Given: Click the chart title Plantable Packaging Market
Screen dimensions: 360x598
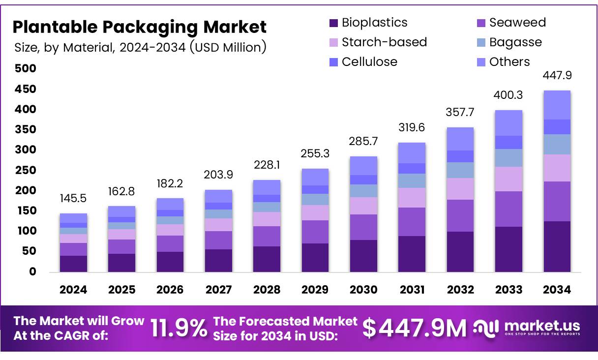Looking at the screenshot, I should (x=139, y=27).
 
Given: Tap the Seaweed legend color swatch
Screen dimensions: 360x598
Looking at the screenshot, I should (x=481, y=23).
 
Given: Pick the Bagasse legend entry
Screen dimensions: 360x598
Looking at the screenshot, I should (x=515, y=42).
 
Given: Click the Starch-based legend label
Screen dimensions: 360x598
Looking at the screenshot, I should (x=384, y=42).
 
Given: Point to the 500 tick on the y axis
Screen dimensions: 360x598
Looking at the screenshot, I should (x=26, y=68).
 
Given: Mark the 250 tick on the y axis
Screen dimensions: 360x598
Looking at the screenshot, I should (x=26, y=170).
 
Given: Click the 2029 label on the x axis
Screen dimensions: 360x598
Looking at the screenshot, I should (x=315, y=290).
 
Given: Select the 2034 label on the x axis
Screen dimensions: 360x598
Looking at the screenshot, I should (x=557, y=290).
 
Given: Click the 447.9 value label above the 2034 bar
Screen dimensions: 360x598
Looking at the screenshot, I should (x=557, y=76).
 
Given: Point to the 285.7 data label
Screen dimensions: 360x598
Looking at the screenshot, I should (x=363, y=142).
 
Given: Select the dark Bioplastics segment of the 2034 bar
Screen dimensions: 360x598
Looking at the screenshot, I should (x=557, y=246).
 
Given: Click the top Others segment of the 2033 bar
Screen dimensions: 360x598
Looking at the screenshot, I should (x=508, y=123).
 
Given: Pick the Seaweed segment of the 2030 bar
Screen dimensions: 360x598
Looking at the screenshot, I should (x=363, y=227).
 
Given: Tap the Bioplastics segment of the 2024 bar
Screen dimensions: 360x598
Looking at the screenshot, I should (x=73, y=263).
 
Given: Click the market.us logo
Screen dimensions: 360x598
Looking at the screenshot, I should (x=527, y=328).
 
